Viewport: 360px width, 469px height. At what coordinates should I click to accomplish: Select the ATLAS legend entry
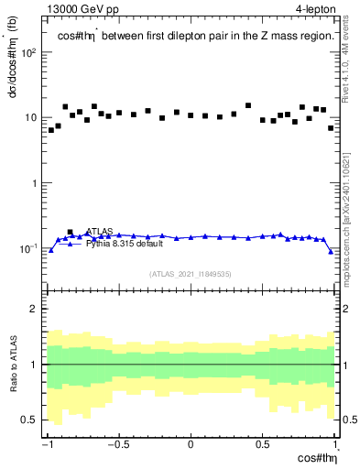click(99, 232)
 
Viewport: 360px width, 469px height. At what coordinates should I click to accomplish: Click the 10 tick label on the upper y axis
click(30, 118)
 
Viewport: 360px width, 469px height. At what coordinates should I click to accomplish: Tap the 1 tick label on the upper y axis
click(34, 183)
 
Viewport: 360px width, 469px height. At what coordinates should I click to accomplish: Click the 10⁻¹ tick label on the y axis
click(27, 248)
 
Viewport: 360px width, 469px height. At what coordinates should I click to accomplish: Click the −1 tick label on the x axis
click(48, 444)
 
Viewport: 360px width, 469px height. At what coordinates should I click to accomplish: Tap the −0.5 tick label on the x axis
click(117, 444)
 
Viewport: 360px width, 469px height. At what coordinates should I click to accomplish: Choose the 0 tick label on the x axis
click(191, 444)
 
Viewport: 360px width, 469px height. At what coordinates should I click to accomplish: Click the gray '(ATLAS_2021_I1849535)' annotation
click(191, 273)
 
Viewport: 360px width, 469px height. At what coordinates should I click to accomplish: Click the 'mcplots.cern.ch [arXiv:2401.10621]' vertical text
click(350, 211)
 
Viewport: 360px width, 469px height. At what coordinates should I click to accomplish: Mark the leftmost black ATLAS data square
click(51, 130)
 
